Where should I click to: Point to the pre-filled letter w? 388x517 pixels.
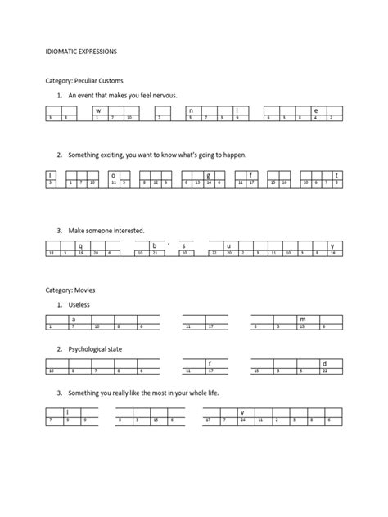click(x=97, y=110)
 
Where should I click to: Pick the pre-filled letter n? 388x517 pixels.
click(x=190, y=110)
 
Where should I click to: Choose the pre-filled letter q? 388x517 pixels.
click(x=80, y=245)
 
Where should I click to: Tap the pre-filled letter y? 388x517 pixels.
click(x=332, y=245)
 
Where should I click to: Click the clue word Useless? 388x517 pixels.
click(x=79, y=304)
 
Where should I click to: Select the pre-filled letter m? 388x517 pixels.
click(x=302, y=319)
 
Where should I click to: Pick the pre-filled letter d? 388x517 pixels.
click(x=325, y=363)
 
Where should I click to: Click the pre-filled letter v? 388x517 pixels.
click(x=241, y=412)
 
